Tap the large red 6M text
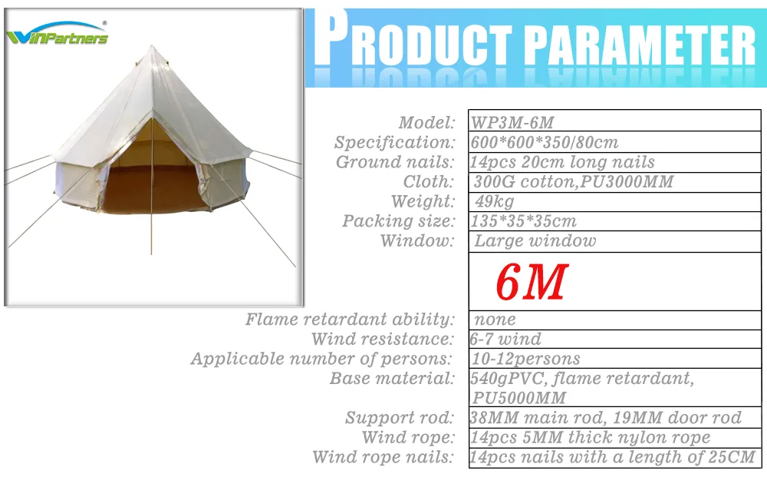point(531,283)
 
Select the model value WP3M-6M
point(512,123)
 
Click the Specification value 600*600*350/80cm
point(544,143)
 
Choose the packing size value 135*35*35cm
point(522,222)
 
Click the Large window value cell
point(535,241)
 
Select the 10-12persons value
point(526,359)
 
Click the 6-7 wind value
point(505,339)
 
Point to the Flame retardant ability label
point(350,320)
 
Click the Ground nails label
point(395,162)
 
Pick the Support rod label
point(400,418)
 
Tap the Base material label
point(392,379)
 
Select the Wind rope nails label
point(383,458)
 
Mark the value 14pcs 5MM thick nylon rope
point(590,438)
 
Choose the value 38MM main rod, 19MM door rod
point(605,418)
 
